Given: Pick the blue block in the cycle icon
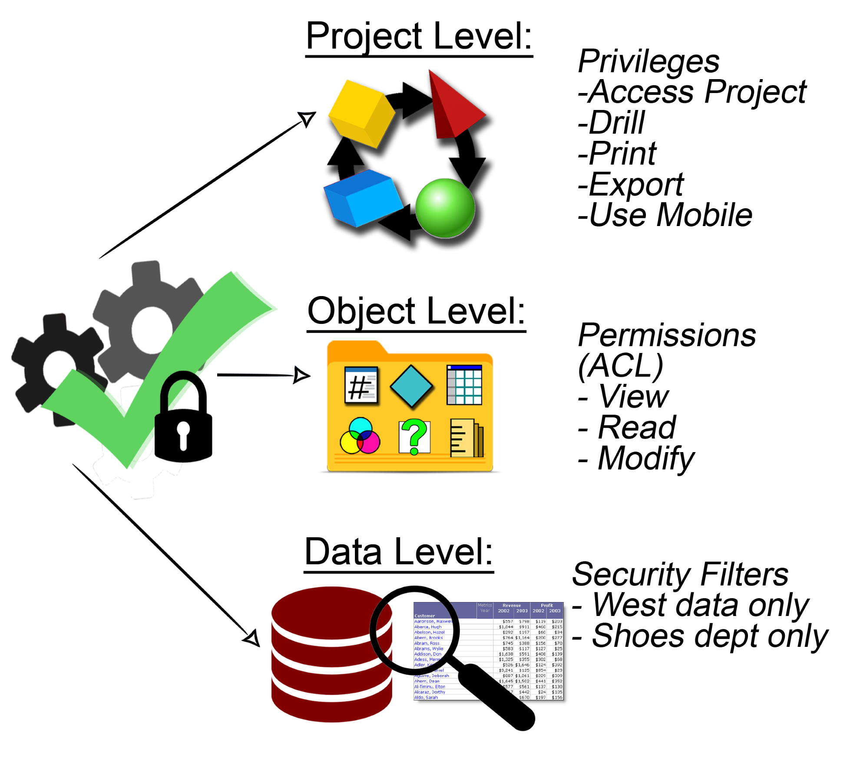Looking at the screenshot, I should pos(362,198).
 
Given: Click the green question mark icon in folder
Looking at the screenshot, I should pos(414,436).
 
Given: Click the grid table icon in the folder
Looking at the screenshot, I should pos(464,385).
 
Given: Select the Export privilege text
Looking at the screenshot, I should pos(636,185).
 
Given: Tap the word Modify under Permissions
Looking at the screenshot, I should pos(645,459).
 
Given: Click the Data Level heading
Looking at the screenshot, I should pos(399,552).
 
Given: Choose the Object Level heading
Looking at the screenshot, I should pos(416,311).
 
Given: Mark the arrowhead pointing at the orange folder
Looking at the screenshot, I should pos(301,375).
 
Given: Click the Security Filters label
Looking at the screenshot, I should pos(680,574).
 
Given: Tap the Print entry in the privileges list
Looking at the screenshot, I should pos(622,153).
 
